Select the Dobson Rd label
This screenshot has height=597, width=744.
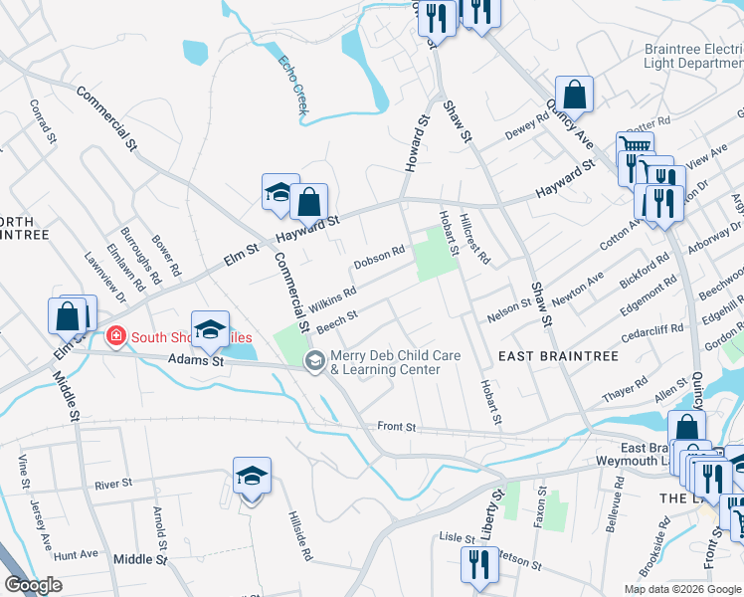(x=379, y=258)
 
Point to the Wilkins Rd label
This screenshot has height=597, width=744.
(x=332, y=300)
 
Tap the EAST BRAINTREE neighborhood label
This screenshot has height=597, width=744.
(x=558, y=356)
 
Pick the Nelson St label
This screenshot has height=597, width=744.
(x=508, y=310)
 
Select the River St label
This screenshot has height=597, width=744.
(x=113, y=485)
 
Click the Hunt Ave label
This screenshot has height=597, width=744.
(x=76, y=555)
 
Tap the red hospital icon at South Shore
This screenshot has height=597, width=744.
(x=116, y=337)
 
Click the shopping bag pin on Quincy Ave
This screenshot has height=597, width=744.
(x=574, y=96)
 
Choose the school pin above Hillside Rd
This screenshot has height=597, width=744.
(x=252, y=477)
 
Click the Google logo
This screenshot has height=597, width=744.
(x=33, y=585)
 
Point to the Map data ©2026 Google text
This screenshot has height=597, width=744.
(x=681, y=589)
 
